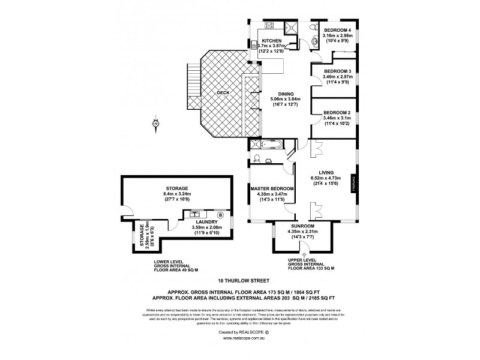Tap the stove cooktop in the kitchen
(268, 26)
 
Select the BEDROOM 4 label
(337, 29)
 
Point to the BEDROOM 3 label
(337, 71)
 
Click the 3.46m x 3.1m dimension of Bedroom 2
(337, 118)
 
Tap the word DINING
(281, 93)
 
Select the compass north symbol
(155, 124)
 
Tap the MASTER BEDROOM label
(272, 189)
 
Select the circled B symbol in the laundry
(220, 214)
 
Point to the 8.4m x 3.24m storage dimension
(177, 194)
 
